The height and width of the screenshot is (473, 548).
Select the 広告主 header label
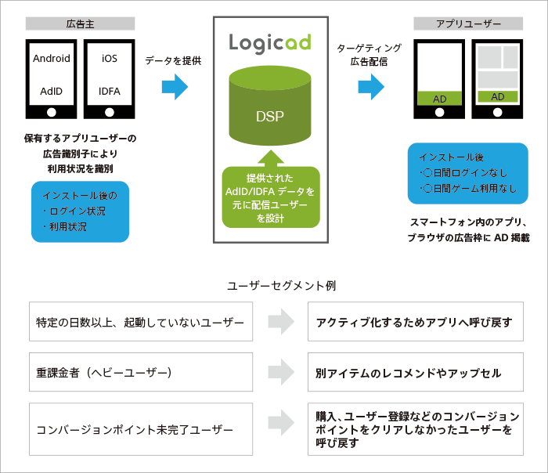tap(80, 24)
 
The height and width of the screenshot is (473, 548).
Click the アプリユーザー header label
tap(468, 24)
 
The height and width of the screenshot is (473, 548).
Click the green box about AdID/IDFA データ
tap(269, 197)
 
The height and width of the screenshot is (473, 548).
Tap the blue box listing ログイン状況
tap(80, 212)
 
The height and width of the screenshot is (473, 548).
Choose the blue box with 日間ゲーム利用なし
tap(467, 173)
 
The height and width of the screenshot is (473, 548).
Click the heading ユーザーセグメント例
tap(274, 286)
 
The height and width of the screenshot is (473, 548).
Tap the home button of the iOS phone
tap(109, 112)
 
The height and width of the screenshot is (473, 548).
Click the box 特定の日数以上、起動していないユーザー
tap(140, 321)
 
